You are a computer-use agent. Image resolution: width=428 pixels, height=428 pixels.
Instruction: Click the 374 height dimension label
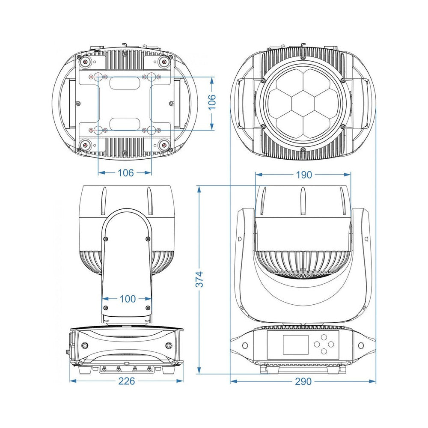pyautogui.click(x=200, y=279)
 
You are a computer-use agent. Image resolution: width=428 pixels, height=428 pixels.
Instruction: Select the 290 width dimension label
pyautogui.click(x=303, y=381)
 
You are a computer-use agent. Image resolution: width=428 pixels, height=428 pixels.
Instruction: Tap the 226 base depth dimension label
pyautogui.click(x=127, y=381)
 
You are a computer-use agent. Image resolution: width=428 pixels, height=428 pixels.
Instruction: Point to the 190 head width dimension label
pyautogui.click(x=304, y=175)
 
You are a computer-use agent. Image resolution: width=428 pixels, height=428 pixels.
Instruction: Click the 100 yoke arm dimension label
pyautogui.click(x=128, y=299)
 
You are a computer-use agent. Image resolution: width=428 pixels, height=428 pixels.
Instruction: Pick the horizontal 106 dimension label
pyautogui.click(x=125, y=173)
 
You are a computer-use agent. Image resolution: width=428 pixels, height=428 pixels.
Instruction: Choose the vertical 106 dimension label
pyautogui.click(x=212, y=102)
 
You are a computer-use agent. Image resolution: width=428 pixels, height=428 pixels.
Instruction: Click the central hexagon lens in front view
pyautogui.click(x=303, y=103)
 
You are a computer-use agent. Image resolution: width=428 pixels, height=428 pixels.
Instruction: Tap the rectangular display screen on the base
pyautogui.click(x=296, y=345)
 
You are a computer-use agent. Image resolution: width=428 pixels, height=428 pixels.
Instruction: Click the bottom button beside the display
pyautogui.click(x=324, y=351)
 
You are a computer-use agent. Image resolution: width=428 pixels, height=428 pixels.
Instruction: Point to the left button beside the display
pyautogui.click(x=317, y=344)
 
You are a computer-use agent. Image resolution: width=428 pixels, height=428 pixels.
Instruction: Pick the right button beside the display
pyautogui.click(x=330, y=344)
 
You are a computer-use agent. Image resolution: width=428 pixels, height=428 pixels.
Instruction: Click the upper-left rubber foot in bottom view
pyautogui.click(x=86, y=62)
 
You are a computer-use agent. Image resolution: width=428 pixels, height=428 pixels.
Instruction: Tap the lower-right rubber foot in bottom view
pyautogui.click(x=164, y=146)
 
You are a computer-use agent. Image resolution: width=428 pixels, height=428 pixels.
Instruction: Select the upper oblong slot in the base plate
pyautogui.click(x=125, y=83)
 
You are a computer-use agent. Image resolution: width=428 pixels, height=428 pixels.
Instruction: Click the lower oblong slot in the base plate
pyautogui.click(x=125, y=124)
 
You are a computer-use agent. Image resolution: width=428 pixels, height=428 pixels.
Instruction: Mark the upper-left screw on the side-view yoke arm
pyautogui.click(x=106, y=239)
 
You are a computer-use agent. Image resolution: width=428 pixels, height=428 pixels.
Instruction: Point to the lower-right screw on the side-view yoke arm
pyautogui.click(x=148, y=308)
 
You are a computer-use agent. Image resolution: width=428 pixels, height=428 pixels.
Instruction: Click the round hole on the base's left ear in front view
pyautogui.click(x=245, y=345)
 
